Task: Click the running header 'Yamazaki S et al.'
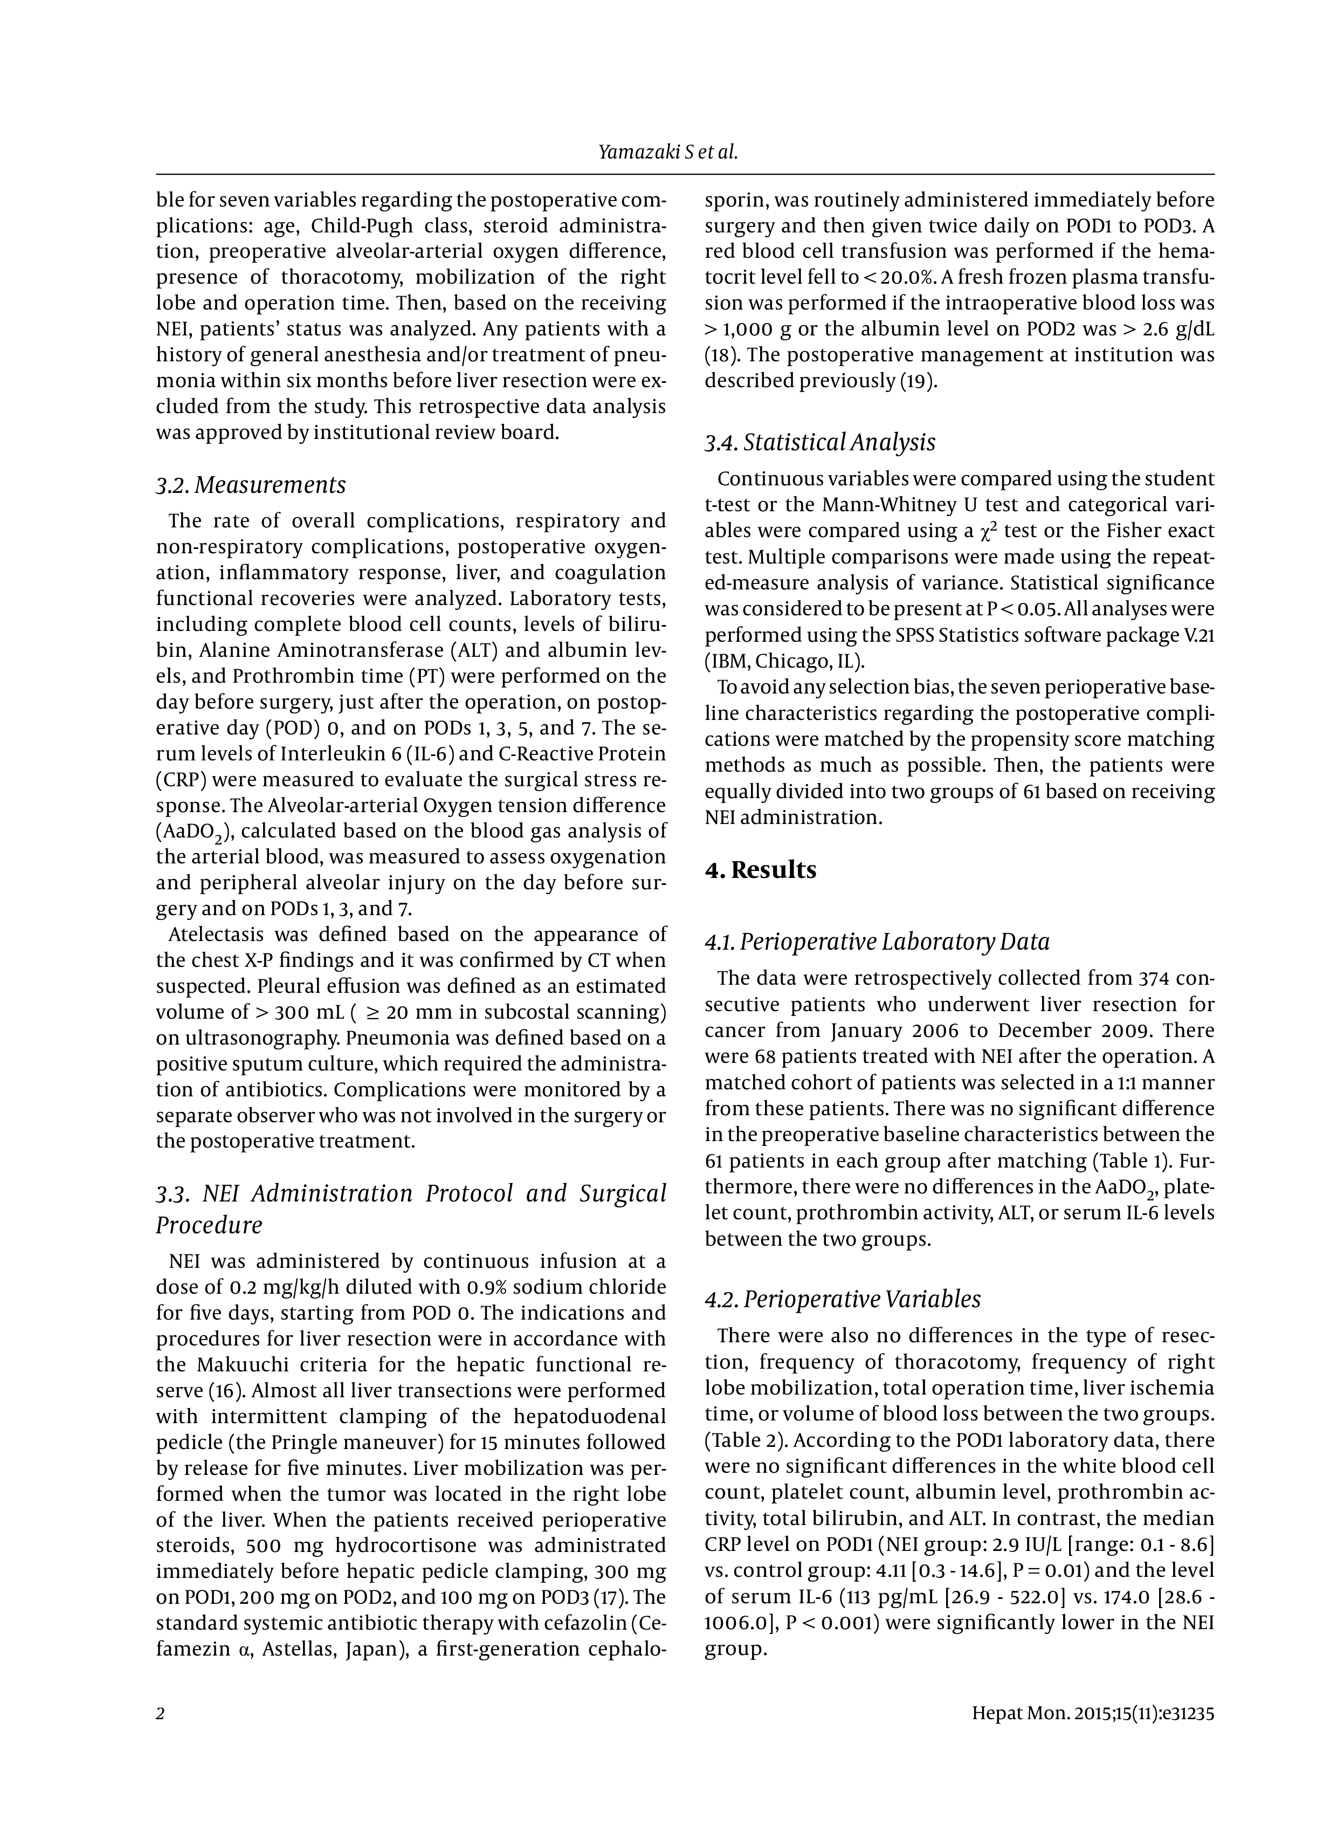pyautogui.click(x=667, y=152)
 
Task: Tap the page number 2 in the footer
pyautogui.click(x=161, y=1713)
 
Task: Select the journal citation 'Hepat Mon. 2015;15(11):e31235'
pyautogui.click(x=1093, y=1713)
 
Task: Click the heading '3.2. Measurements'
pyautogui.click(x=251, y=485)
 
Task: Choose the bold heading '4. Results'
pyautogui.click(x=761, y=870)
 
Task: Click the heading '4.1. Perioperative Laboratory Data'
pyautogui.click(x=877, y=942)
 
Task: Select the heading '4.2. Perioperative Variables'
pyautogui.click(x=842, y=1299)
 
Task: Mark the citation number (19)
pyautogui.click(x=918, y=381)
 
